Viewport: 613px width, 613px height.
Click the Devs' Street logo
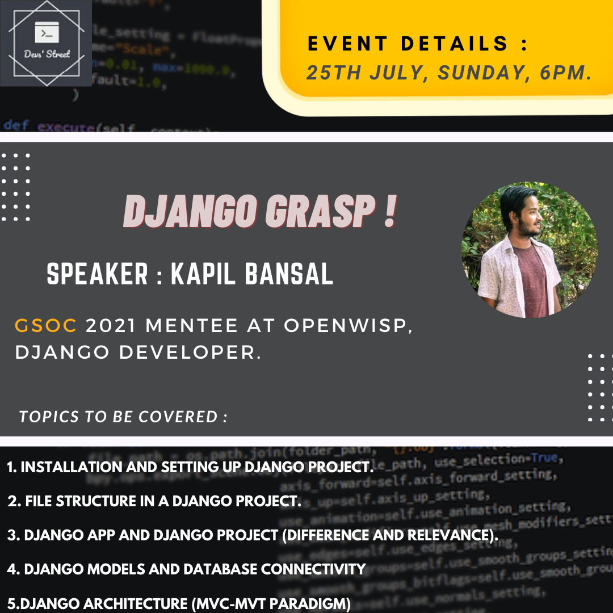46,43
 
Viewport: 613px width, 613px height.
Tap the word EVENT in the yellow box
344,44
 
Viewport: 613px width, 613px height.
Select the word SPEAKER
97,275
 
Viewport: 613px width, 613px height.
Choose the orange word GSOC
46,326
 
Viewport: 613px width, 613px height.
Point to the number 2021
111,326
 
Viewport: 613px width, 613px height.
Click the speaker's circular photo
529,249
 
